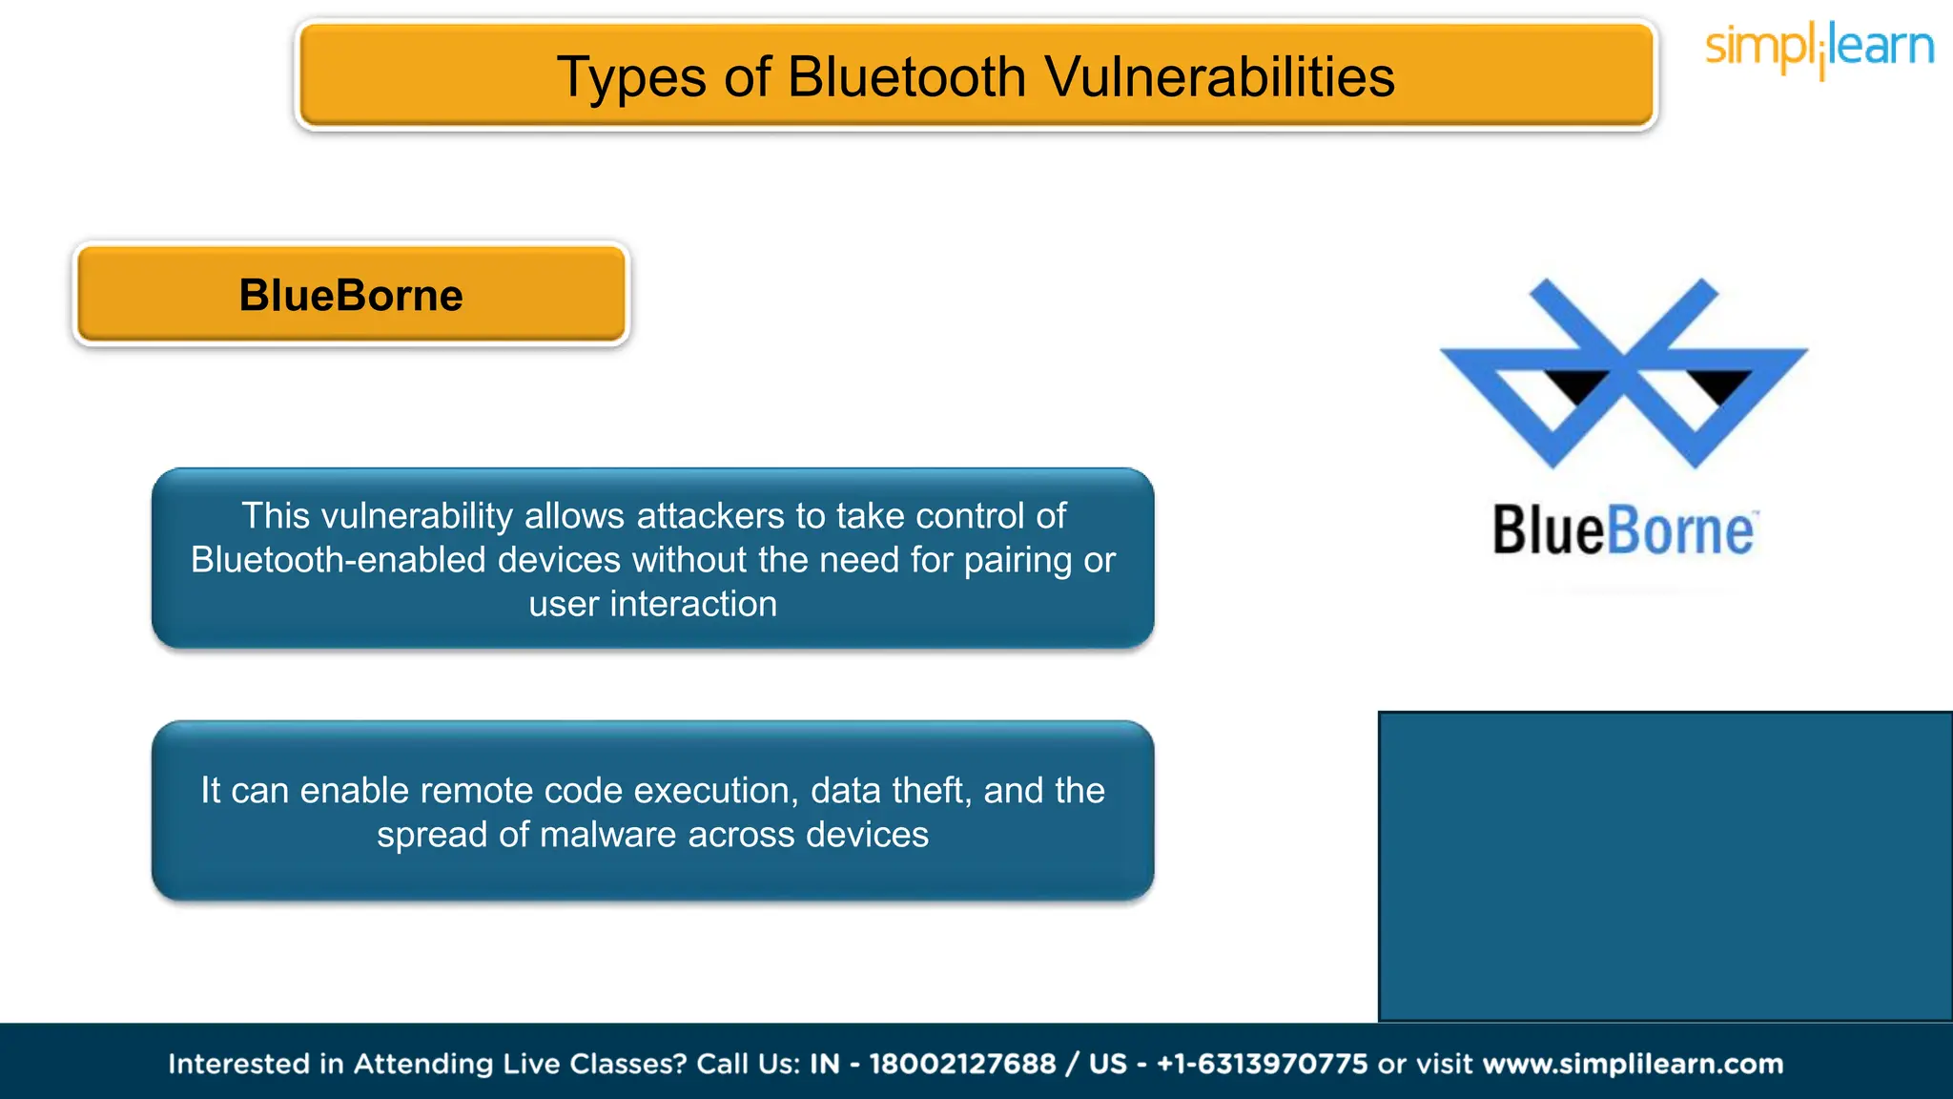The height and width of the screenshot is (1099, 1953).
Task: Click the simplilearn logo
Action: coord(1819,48)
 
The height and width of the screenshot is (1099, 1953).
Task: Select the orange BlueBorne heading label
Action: coord(351,295)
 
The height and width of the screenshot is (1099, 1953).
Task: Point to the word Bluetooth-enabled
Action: coord(339,560)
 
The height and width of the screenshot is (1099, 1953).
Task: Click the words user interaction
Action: coord(653,604)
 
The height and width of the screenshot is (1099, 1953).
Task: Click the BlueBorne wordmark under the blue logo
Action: coord(1623,530)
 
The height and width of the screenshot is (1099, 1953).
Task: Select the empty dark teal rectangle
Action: coord(1665,866)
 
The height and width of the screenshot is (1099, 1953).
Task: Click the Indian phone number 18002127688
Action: coord(962,1064)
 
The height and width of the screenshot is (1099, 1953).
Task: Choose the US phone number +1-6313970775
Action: coord(1262,1064)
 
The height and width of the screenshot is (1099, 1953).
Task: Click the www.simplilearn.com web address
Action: coord(1633,1064)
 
